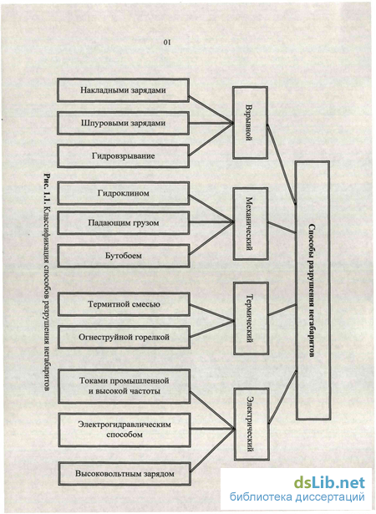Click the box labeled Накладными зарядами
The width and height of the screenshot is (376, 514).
pyautogui.click(x=124, y=90)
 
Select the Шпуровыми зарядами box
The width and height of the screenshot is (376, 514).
pyautogui.click(x=124, y=123)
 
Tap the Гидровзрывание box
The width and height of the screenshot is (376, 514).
pyautogui.click(x=124, y=155)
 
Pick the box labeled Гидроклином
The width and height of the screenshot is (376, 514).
pyautogui.click(x=124, y=193)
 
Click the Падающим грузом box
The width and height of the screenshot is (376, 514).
pyautogui.click(x=124, y=223)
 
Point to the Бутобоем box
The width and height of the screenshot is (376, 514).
pyautogui.click(x=124, y=256)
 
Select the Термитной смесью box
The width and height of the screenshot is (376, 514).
pyautogui.click(x=124, y=304)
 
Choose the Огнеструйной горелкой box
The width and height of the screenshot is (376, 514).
pyautogui.click(x=124, y=337)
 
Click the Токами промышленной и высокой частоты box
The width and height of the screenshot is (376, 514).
pyautogui.click(x=124, y=386)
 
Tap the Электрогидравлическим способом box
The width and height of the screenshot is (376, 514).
pyautogui.click(x=124, y=430)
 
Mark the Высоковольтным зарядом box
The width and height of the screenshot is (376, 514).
pyautogui.click(x=124, y=474)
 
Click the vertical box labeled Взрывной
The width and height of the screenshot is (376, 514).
pyautogui.click(x=250, y=123)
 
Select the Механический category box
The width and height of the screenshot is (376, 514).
pyautogui.click(x=251, y=224)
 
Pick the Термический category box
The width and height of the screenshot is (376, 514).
pyautogui.click(x=252, y=318)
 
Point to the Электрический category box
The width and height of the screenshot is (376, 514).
pyautogui.click(x=252, y=425)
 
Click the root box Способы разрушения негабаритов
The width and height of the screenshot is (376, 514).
pyautogui.click(x=312, y=291)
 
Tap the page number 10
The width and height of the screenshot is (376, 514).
pyautogui.click(x=167, y=42)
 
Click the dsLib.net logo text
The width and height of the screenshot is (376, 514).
pyautogui.click(x=329, y=483)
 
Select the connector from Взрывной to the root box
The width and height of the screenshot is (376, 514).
pyautogui.click(x=282, y=165)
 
